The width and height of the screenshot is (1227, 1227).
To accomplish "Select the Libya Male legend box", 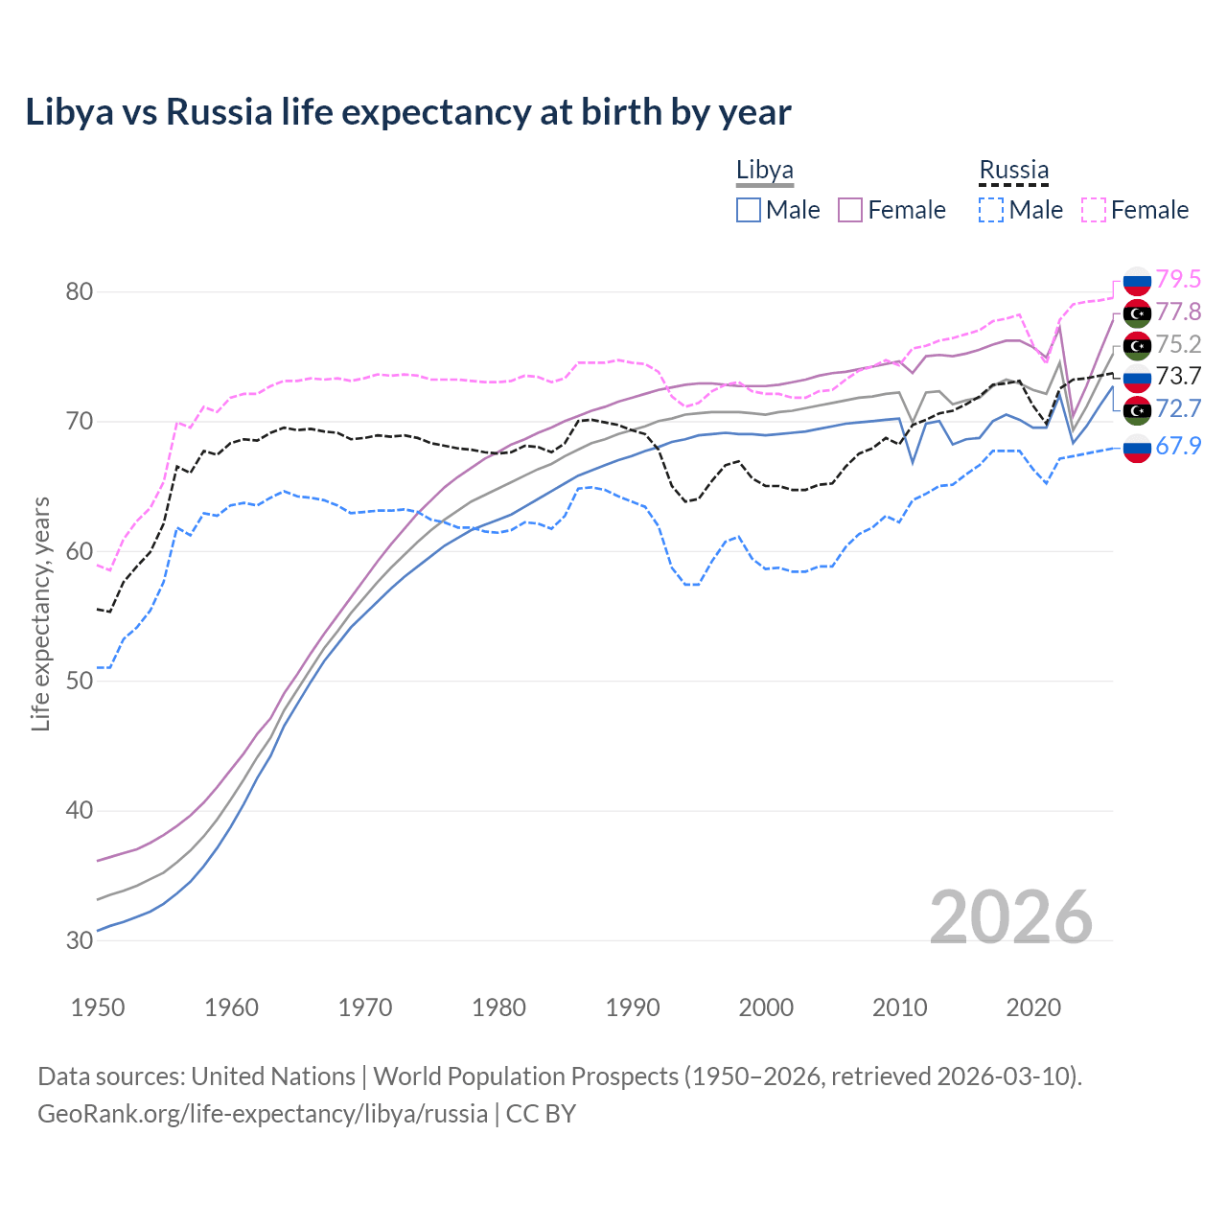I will point(749,210).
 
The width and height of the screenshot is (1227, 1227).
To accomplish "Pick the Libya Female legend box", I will point(850,210).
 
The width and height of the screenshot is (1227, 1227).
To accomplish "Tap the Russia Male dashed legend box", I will point(991,210).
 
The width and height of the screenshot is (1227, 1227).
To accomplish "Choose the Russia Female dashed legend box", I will point(1094,210).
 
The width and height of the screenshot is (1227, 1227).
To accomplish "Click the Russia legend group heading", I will point(1013,171).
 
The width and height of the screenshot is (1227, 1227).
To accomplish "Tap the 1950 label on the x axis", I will point(98,1007).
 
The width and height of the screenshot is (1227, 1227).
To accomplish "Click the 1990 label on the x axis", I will point(633,1007).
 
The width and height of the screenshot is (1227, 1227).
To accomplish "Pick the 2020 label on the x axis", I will point(1033,1007).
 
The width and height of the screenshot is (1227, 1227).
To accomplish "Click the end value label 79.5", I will point(1178,279).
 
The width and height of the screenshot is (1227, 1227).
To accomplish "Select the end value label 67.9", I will point(1178,446).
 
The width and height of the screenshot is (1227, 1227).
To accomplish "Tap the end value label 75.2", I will point(1178,344).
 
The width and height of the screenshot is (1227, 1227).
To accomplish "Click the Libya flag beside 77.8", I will point(1137,313).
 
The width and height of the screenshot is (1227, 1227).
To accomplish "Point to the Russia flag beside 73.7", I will point(1137,378).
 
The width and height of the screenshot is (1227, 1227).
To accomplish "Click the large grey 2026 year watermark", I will point(1010,917).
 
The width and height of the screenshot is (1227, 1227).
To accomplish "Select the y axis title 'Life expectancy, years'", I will point(40,613).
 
